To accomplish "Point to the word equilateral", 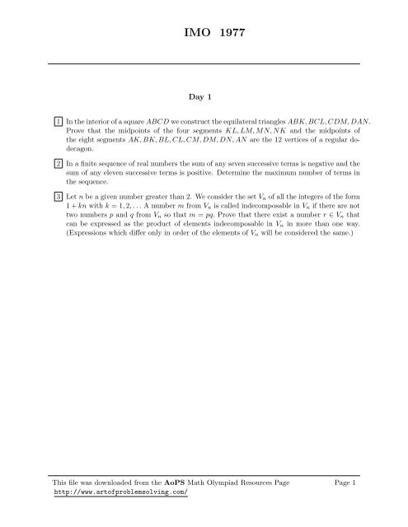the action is pos(223,122).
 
